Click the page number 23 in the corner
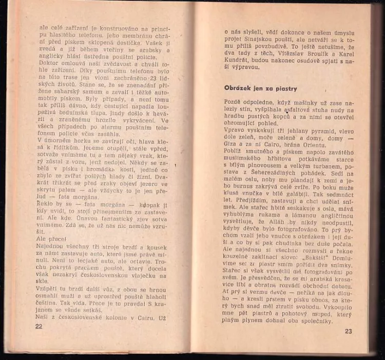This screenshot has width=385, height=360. (x=349, y=331)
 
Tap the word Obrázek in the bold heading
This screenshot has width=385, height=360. (x=238, y=88)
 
